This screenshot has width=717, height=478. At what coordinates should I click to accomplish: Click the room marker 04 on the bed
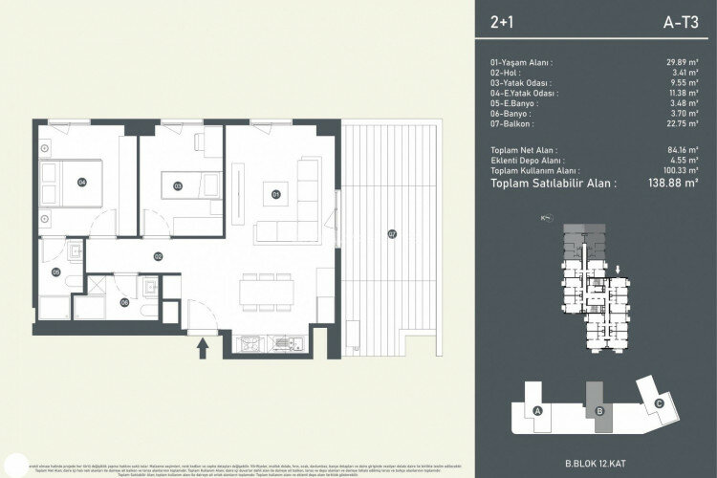[x=82, y=182]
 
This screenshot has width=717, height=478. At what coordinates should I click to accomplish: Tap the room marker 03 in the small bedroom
[x=178, y=186]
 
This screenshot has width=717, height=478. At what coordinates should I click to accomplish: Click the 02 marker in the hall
[x=159, y=255]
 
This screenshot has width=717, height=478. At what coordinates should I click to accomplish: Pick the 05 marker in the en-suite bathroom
[x=56, y=273]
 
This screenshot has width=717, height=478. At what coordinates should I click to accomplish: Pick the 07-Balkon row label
[x=511, y=123]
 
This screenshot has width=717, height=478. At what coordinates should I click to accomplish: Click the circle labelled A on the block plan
[x=539, y=411]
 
